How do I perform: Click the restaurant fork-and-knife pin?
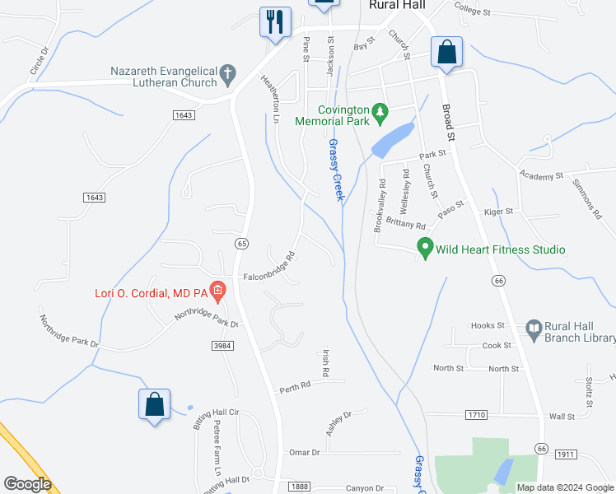[274, 21]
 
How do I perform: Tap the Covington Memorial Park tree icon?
[380, 110]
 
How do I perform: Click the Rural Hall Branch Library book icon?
[533, 329]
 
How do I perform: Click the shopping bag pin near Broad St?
[446, 52]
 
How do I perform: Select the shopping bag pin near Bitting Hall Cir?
[154, 404]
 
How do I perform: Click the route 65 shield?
[241, 243]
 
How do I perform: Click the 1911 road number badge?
[565, 454]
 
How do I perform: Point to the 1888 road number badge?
[300, 487]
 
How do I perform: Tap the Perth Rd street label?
[294, 385]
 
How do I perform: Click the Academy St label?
[540, 175]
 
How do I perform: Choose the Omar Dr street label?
[304, 452]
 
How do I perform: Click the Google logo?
[26, 484]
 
